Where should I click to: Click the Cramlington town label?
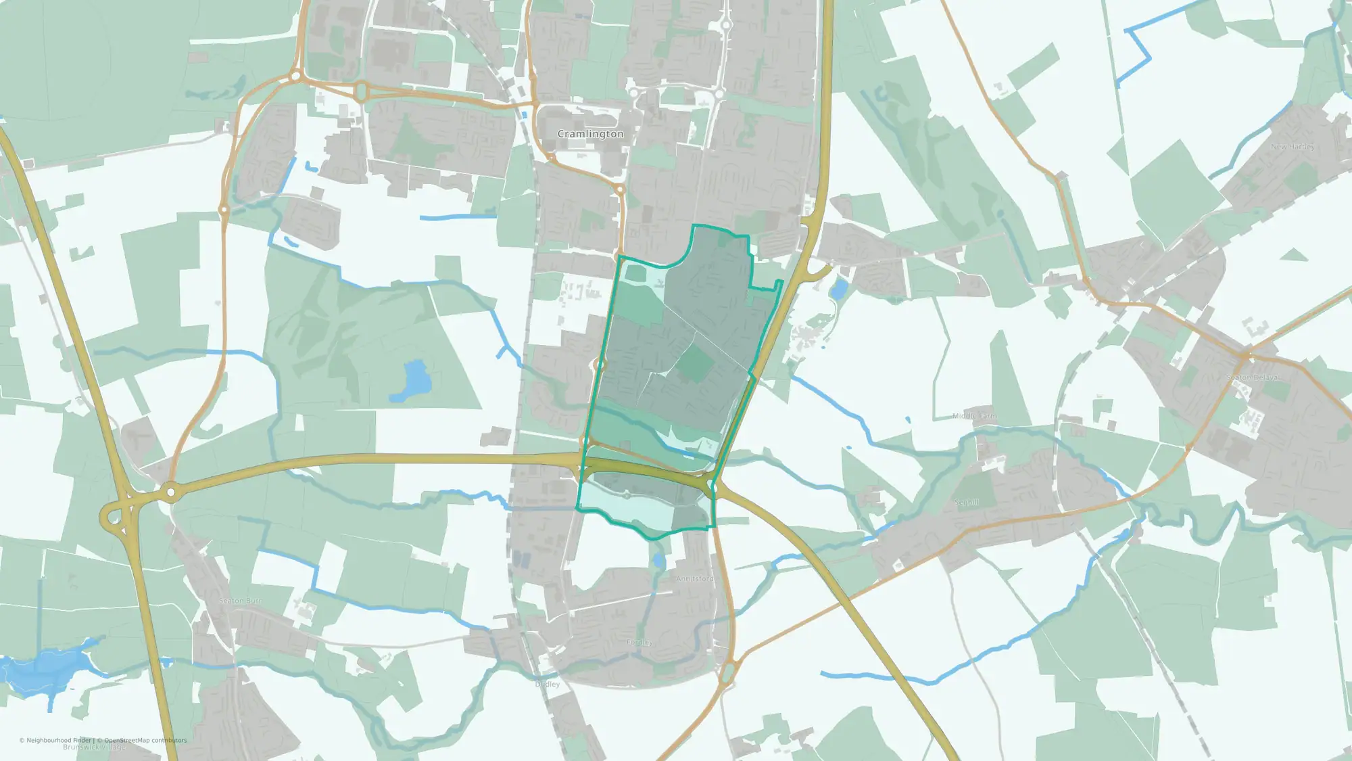click(x=590, y=134)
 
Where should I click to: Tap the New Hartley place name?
click(x=1293, y=147)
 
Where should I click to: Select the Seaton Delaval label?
click(x=1253, y=377)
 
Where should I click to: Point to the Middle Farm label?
click(x=974, y=416)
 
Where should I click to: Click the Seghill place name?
click(x=966, y=503)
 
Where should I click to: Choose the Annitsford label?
click(x=695, y=579)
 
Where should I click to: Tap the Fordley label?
click(x=639, y=643)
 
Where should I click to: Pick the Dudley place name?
click(x=548, y=685)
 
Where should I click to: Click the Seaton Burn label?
click(x=241, y=601)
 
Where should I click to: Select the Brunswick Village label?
click(x=94, y=747)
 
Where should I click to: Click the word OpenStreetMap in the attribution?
click(x=127, y=740)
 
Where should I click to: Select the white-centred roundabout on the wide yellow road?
click(x=170, y=492)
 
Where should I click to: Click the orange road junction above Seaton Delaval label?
click(x=1245, y=354)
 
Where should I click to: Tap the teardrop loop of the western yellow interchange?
click(x=113, y=517)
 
